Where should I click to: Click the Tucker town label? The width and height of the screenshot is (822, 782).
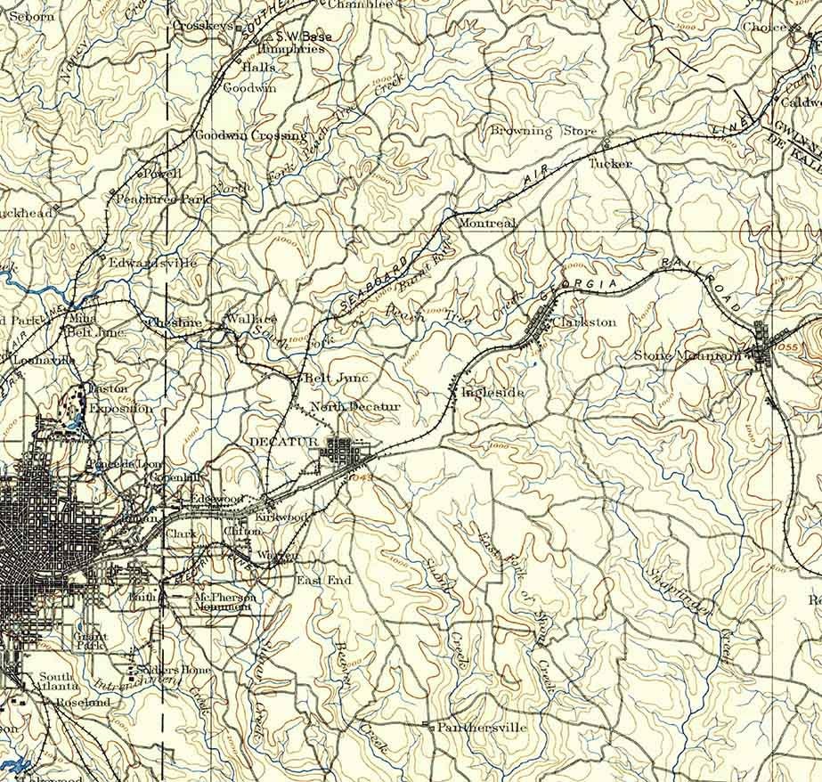(x=610, y=164)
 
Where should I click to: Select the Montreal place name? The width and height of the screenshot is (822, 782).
(x=486, y=224)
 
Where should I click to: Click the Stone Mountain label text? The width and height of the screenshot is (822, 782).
(x=687, y=355)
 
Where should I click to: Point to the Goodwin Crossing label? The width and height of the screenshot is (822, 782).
(x=250, y=136)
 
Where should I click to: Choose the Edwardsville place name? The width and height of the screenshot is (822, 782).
(x=152, y=264)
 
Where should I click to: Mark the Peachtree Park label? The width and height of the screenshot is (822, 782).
(x=163, y=200)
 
